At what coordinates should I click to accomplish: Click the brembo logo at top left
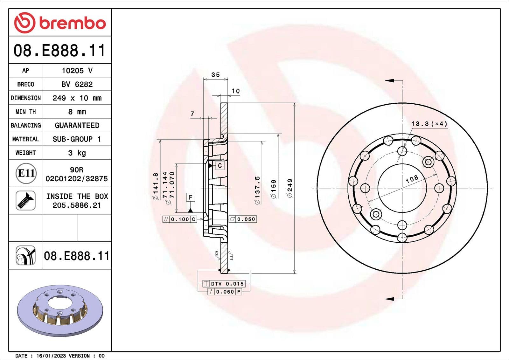click(60, 23)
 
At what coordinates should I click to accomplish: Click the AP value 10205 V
click(77, 71)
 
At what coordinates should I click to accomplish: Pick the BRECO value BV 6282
click(77, 84)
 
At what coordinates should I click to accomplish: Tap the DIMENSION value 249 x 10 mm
click(77, 98)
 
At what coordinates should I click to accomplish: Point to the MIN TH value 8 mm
click(77, 112)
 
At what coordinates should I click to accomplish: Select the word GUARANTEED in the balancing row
click(77, 125)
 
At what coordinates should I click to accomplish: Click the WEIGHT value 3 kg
click(77, 153)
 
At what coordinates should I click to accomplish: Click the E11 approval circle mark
click(26, 173)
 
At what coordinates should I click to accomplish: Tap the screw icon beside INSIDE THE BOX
click(26, 201)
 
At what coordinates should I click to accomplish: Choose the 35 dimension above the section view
click(215, 75)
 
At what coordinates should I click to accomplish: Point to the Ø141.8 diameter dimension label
click(156, 186)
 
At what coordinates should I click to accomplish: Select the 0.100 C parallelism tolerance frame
click(179, 219)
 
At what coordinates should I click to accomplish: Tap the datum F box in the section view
click(190, 197)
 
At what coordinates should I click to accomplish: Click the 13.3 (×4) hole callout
click(429, 124)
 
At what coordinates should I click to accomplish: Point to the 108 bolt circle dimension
click(412, 179)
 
